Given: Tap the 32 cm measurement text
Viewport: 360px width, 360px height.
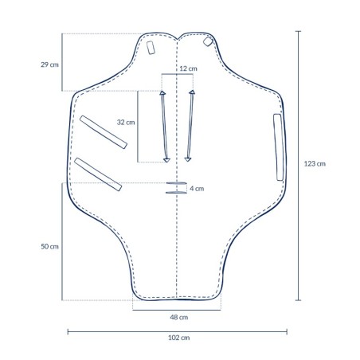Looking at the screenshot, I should [x=126, y=123].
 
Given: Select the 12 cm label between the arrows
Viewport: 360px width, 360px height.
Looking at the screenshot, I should [x=188, y=70].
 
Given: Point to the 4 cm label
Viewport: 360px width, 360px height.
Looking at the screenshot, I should [x=198, y=189].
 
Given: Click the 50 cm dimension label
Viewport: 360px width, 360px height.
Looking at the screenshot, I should [x=49, y=246].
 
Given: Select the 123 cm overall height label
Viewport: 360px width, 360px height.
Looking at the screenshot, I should [x=315, y=164].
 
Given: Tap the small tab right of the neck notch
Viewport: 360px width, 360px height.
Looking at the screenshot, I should [x=209, y=41].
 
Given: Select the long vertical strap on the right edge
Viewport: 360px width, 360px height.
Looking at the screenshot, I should [x=278, y=148].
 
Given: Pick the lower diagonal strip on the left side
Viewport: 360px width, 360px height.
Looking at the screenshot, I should [x=99, y=174].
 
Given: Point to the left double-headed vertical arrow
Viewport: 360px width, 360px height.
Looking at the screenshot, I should [x=164, y=127].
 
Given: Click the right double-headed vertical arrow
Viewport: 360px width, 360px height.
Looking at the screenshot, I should [x=190, y=127].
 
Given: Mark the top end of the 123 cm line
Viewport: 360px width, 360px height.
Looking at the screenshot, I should [x=298, y=30].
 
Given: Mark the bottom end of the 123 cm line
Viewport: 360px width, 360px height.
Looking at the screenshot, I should [x=298, y=299].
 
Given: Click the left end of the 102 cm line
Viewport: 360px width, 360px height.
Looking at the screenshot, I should [x=67, y=331].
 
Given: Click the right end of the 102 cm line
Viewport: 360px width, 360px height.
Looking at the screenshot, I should [x=288, y=331].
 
